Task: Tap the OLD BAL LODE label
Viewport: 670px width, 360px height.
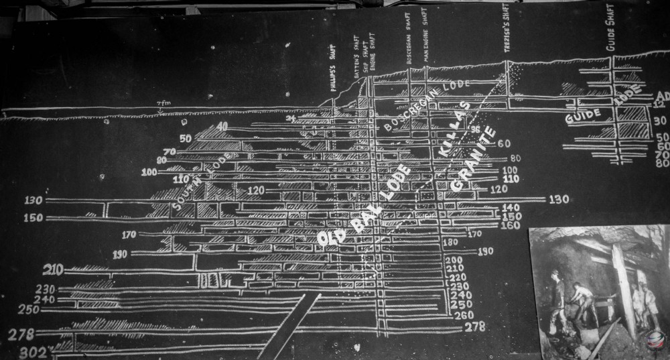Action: tap(362, 207)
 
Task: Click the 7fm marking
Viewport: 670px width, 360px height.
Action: tap(161, 103)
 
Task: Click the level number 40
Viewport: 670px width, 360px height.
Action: tap(222, 126)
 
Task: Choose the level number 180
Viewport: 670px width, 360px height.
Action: tap(450, 242)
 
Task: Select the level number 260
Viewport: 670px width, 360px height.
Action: tap(463, 315)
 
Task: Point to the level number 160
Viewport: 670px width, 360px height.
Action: tap(511, 226)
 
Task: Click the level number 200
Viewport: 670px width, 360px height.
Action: tap(454, 259)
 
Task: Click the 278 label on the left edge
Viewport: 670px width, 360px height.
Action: tap(21, 333)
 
